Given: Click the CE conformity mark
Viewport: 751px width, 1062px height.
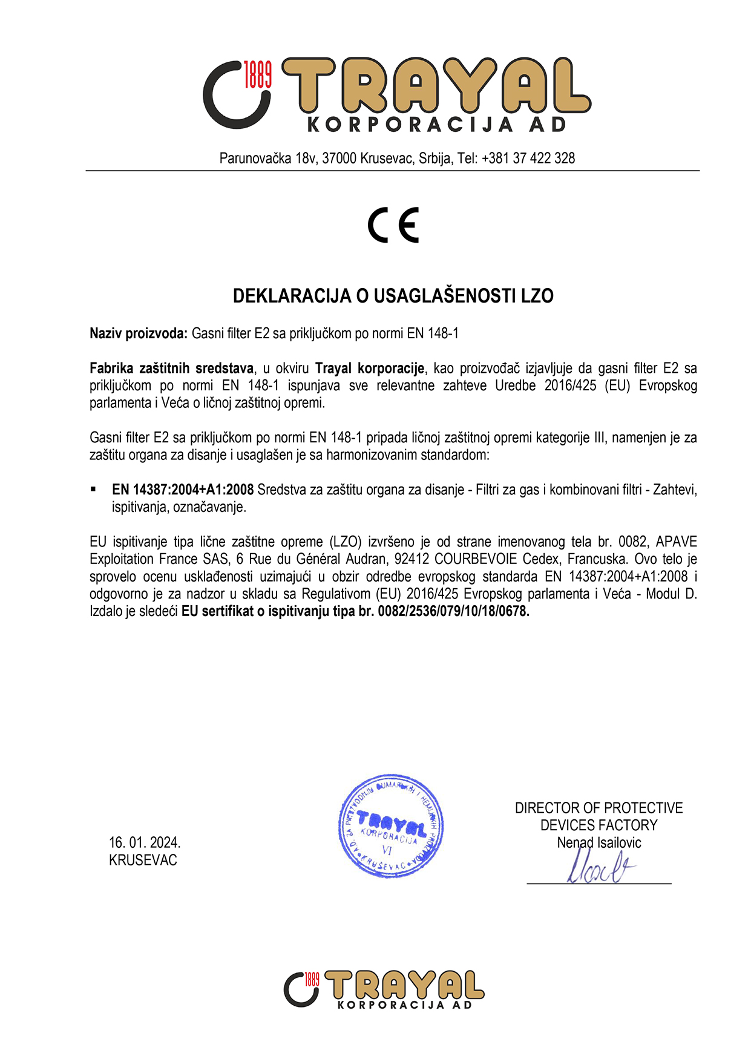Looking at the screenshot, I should [393, 225].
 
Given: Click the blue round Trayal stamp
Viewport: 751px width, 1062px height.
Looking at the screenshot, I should [391, 826].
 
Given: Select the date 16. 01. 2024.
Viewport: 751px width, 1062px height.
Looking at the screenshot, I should [145, 842].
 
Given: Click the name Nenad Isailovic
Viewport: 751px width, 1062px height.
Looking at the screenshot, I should [599, 842].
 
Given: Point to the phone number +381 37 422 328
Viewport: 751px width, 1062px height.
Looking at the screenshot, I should [528, 159].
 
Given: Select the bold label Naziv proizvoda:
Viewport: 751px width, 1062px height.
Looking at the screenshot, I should [139, 333].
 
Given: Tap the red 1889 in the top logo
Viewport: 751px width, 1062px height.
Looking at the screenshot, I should [257, 74].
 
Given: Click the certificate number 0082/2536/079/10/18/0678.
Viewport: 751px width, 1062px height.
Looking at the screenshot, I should [453, 611].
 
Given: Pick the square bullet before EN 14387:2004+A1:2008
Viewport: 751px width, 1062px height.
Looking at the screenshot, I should [93, 489].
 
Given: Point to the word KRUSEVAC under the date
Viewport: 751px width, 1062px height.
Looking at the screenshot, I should [143, 860].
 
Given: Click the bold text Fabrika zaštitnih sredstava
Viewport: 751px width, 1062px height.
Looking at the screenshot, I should [171, 368].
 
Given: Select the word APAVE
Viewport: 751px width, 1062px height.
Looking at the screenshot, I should [676, 542].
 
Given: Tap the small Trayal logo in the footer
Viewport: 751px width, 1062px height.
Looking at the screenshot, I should [384, 989].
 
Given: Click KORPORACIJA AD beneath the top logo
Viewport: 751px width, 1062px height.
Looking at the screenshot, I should [437, 125].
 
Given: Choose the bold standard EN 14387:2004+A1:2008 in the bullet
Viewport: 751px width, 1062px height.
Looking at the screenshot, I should [183, 490].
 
